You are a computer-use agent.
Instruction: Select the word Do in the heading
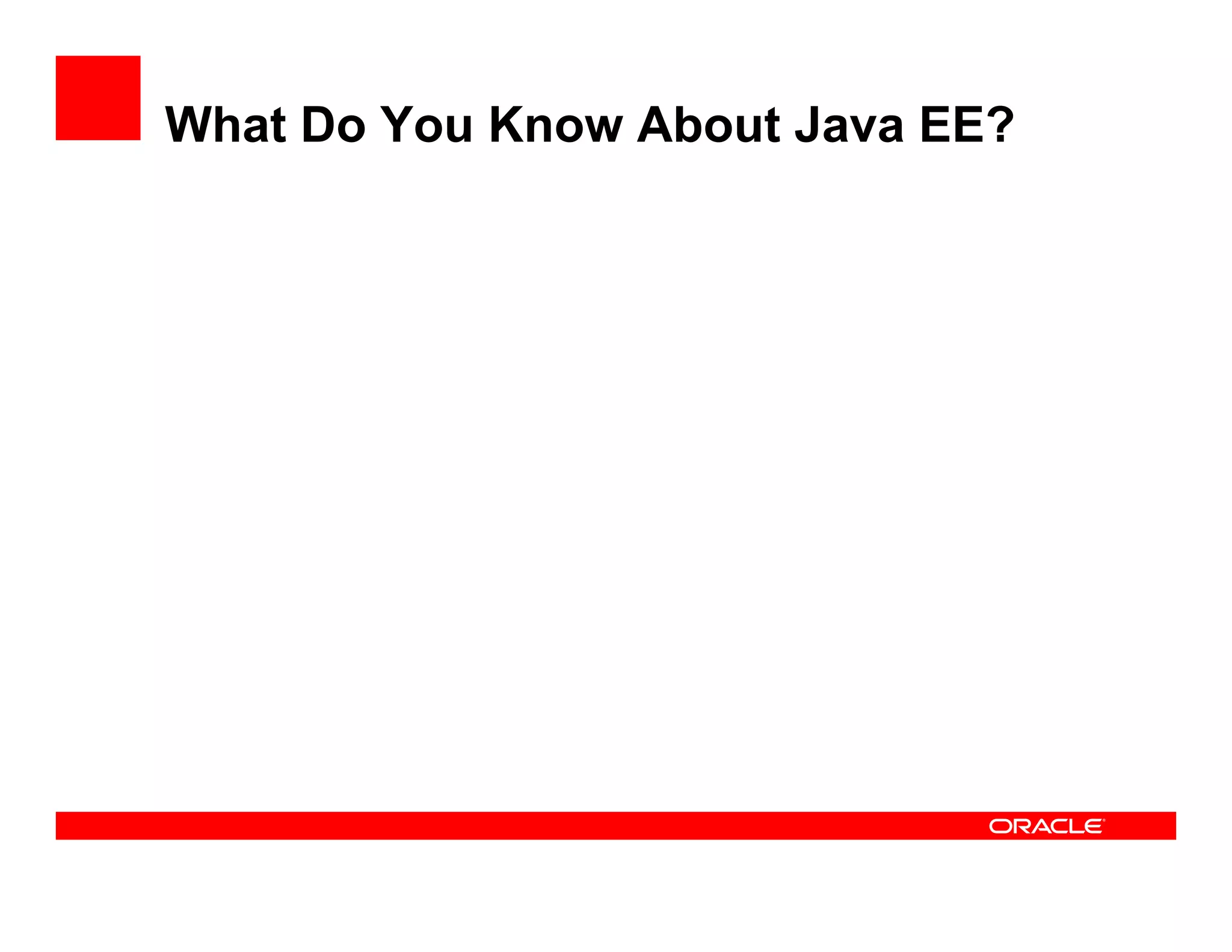(333, 125)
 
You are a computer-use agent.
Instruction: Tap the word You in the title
(427, 125)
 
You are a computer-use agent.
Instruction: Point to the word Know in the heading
(556, 125)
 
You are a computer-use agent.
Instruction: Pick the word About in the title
(709, 125)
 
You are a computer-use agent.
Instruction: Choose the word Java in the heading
(849, 125)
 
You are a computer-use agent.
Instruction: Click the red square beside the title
(98, 98)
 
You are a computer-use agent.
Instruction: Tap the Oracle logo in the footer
(1046, 826)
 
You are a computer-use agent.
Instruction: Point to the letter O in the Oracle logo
(1001, 826)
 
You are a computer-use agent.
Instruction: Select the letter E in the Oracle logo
(1092, 826)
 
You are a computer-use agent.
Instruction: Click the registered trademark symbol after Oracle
(1104, 820)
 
